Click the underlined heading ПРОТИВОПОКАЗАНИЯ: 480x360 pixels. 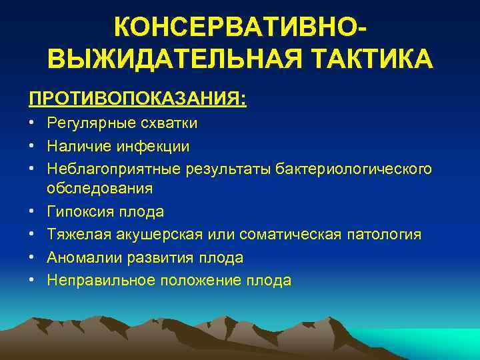point(137,99)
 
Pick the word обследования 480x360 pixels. point(99,189)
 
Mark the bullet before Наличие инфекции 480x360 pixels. point(32,146)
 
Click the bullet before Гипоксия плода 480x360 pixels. point(32,211)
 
